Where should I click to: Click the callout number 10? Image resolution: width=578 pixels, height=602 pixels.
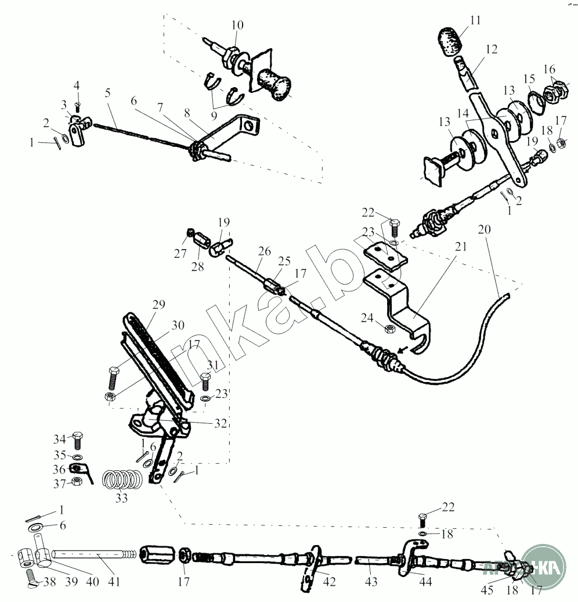[x=238, y=25]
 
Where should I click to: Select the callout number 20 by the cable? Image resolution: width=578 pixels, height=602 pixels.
[x=484, y=229]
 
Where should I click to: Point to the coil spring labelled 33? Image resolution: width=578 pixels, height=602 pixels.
[x=123, y=481]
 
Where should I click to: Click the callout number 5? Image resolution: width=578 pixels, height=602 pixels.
[x=107, y=93]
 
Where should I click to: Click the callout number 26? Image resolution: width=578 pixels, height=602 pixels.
[x=265, y=251]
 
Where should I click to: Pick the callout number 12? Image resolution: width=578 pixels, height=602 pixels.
[x=492, y=50]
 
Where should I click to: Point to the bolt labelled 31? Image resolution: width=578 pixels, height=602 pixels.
[x=204, y=384]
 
